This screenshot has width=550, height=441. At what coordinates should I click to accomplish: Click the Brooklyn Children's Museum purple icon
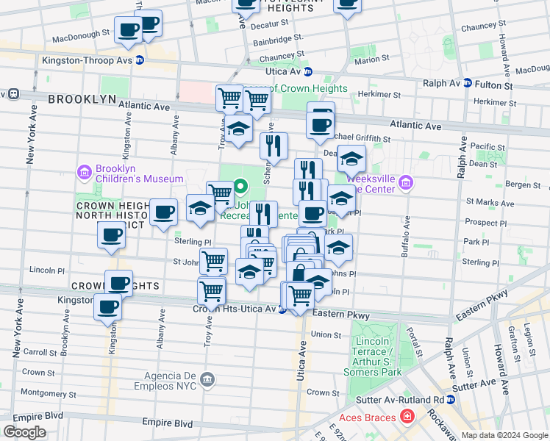84,173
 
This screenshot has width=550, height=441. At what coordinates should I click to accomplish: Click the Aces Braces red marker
407,417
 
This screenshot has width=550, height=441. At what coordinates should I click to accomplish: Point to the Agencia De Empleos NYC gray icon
207,379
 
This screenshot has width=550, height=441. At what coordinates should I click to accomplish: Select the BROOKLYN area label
82,98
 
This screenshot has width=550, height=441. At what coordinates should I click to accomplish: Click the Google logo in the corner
25,431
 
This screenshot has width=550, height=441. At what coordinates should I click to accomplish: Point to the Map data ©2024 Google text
505,435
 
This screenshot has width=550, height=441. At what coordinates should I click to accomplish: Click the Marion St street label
365,60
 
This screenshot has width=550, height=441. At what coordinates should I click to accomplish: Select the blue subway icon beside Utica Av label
308,72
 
